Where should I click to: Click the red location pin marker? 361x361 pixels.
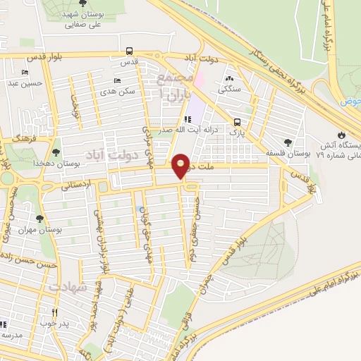click(182, 166)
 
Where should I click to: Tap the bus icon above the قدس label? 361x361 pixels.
click(129, 51)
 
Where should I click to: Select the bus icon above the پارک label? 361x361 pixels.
click(236, 121)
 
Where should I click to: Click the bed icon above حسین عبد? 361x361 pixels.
click(25, 73)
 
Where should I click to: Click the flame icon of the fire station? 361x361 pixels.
click(343, 133)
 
